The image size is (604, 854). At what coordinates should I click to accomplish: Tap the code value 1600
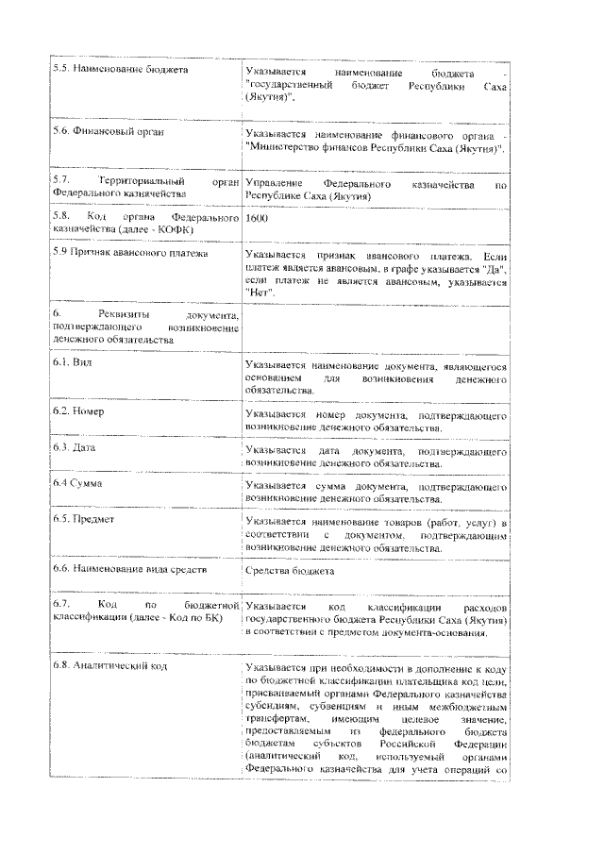click(x=256, y=218)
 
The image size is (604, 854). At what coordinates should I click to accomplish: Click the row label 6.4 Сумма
click(x=77, y=483)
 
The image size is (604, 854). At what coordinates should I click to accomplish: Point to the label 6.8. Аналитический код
click(x=110, y=666)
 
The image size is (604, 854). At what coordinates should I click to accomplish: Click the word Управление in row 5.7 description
click(x=274, y=182)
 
